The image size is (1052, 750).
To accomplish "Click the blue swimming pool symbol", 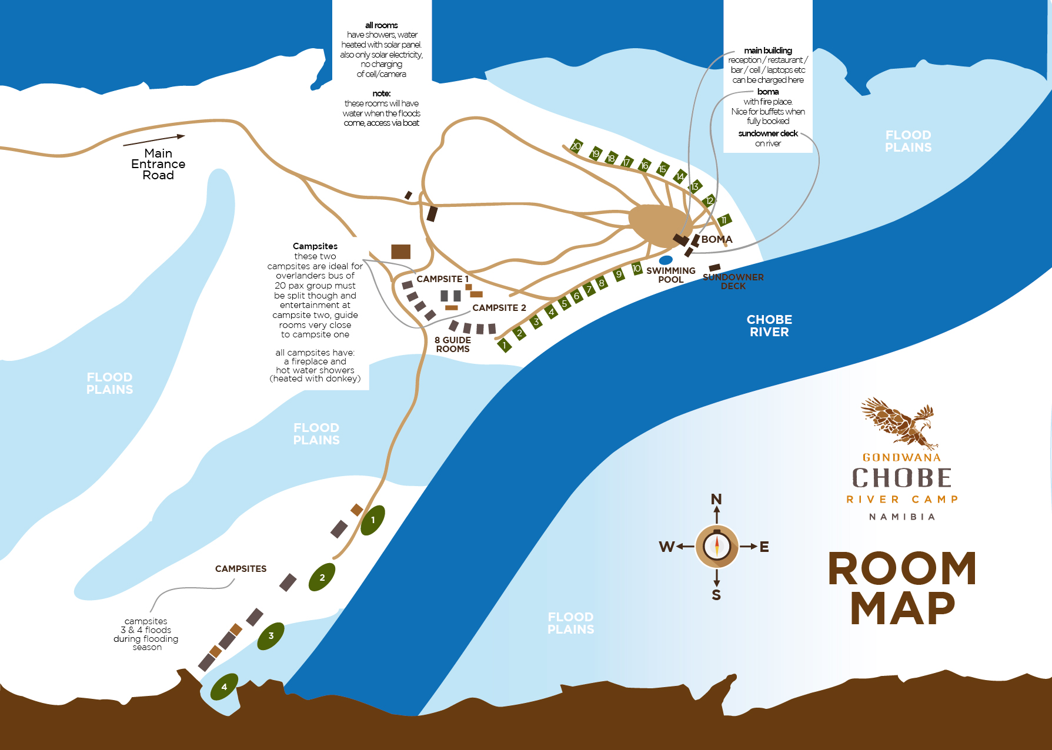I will point(666,260).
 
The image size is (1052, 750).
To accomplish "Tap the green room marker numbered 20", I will point(576,146).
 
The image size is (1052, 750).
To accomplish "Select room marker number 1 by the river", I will point(505,346).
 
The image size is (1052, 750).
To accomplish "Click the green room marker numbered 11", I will point(724,220).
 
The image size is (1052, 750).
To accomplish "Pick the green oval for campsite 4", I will point(224,687).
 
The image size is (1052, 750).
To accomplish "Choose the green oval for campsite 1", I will point(373,520).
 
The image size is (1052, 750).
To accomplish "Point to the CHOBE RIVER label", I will point(769,326).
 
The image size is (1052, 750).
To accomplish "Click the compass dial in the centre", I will point(716,547).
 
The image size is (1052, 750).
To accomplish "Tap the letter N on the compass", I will point(716,500).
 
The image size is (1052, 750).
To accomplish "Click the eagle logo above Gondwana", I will point(899,422).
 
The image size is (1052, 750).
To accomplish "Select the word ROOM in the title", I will point(902,569).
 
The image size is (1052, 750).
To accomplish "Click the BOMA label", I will point(717,239).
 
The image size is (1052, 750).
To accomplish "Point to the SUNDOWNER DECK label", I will point(733,282).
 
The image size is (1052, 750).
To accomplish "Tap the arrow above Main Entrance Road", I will point(154,140).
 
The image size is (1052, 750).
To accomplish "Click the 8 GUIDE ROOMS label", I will point(453,344).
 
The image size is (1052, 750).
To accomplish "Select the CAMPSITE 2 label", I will point(499,308).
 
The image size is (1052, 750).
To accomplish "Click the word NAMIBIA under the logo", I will point(902,517).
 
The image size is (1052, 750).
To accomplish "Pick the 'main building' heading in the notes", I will point(768,51).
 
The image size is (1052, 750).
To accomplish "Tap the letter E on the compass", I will point(764,547).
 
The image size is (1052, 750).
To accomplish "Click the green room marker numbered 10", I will point(637,269).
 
